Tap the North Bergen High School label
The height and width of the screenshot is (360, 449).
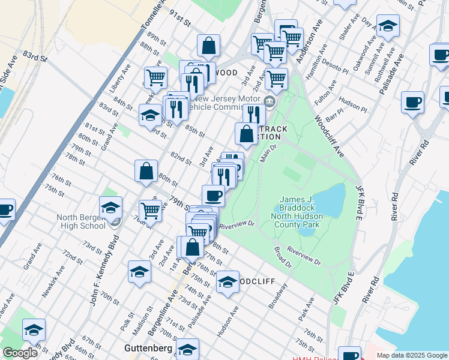click(82, 221)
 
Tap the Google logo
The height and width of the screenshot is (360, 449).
click(20, 352)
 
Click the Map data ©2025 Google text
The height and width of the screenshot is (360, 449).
click(411, 355)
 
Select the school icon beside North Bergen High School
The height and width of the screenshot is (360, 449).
click(111, 208)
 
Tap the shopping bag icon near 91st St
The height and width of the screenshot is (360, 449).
click(208, 45)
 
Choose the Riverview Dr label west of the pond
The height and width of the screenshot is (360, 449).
click(238, 226)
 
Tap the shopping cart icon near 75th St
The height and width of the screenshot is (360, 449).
click(150, 211)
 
